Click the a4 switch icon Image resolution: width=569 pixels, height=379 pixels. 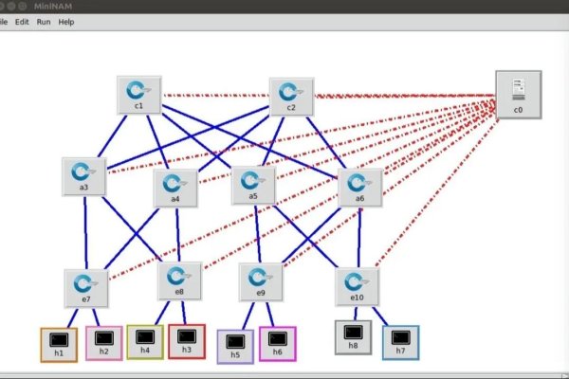coord(174,186)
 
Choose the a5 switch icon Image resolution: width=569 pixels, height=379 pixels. coord(253,183)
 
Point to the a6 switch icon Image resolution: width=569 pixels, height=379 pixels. coord(360,185)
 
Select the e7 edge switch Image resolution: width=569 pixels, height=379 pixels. coord(85,285)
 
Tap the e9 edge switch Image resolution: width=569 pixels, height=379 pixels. coord(260,280)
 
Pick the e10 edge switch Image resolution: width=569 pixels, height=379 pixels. coord(357,283)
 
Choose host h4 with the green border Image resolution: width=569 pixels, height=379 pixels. coord(145,339)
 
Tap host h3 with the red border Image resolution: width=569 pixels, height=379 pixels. coord(187,339)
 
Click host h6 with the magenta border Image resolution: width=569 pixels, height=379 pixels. coord(278,342)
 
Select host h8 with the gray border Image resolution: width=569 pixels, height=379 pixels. coord(353,335)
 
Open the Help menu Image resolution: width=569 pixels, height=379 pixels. coord(66,21)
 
